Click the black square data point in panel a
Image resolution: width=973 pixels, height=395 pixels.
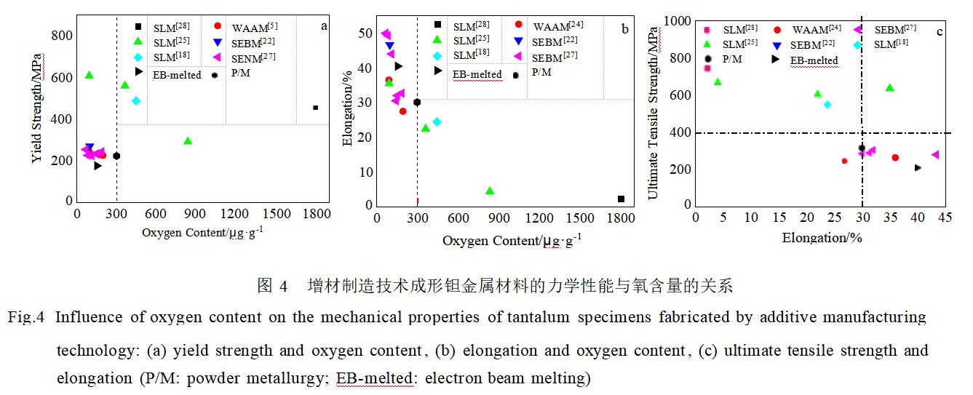click(x=315, y=108)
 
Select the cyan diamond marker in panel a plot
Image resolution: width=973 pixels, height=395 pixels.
click(x=136, y=100)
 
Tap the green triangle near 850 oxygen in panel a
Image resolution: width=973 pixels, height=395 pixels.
click(x=188, y=141)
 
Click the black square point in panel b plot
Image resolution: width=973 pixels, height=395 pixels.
click(x=621, y=199)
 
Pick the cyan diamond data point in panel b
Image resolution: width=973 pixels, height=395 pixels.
click(x=437, y=121)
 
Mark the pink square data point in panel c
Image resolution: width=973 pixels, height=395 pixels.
click(x=707, y=68)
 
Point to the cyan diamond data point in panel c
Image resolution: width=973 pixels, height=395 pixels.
click(x=827, y=105)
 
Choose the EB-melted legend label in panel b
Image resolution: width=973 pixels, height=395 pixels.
click(x=477, y=74)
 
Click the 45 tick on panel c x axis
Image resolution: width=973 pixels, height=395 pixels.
click(x=945, y=218)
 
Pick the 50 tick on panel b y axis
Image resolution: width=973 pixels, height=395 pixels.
click(x=362, y=33)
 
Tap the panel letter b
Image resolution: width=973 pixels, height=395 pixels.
click(x=624, y=28)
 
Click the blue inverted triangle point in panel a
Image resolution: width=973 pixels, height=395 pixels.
click(x=90, y=148)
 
